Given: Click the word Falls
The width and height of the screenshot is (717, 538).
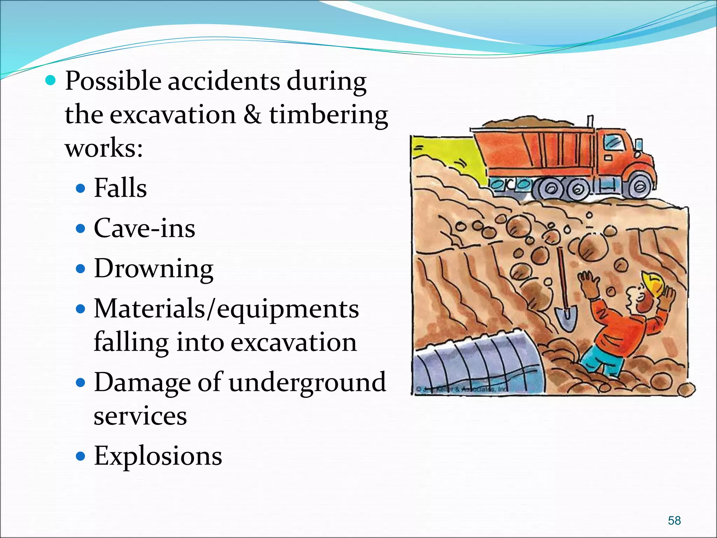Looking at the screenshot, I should (120, 188).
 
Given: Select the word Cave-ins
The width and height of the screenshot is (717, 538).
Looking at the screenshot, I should (144, 228).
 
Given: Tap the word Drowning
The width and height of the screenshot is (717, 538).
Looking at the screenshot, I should (154, 269).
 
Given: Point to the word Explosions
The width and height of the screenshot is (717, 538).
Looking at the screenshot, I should (158, 456).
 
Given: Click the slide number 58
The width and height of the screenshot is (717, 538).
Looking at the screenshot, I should (674, 520).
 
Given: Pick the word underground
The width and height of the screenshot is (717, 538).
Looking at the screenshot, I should (307, 382).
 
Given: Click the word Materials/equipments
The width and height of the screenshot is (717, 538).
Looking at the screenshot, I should (226, 309).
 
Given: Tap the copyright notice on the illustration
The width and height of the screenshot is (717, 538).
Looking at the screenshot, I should (462, 389).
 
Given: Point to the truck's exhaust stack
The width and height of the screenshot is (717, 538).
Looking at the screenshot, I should (590, 123).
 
